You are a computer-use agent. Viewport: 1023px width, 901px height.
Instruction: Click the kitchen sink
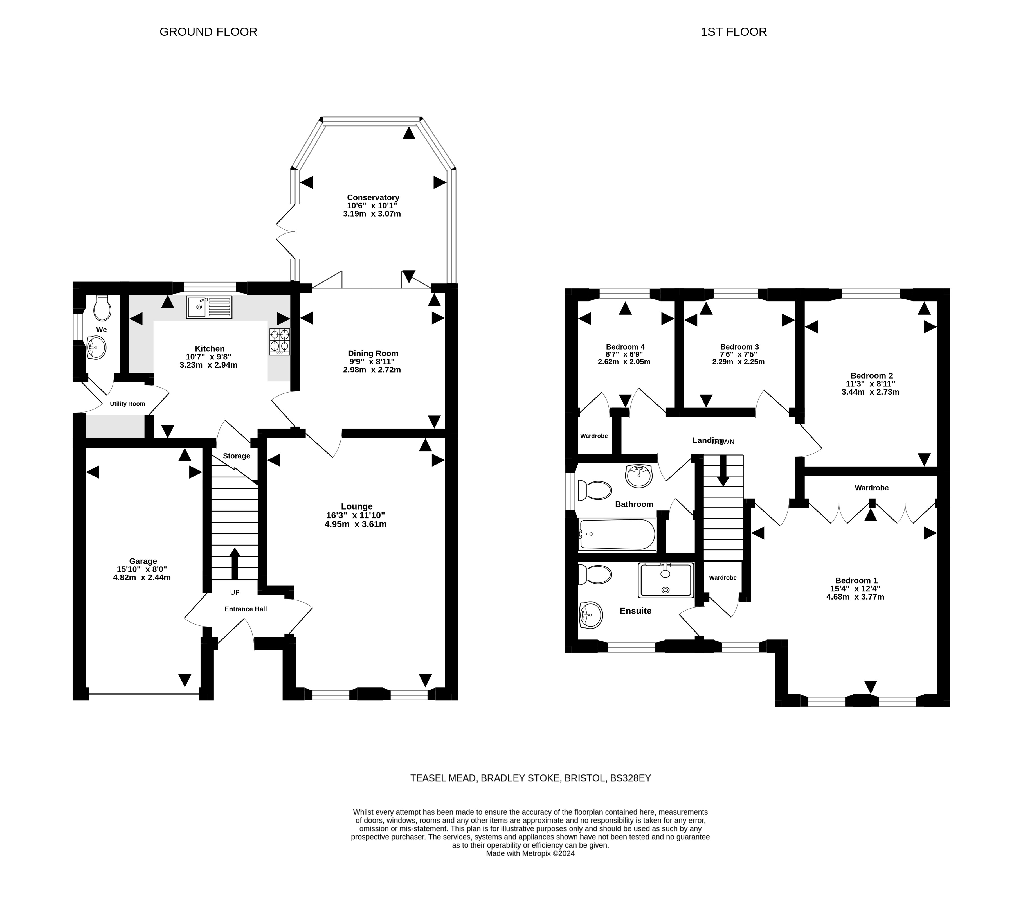(209, 307)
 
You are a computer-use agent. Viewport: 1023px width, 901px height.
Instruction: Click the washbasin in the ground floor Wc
(96, 347)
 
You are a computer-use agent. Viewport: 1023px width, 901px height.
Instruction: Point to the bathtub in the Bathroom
(617, 534)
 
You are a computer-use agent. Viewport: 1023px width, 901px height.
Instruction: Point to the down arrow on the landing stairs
(723, 471)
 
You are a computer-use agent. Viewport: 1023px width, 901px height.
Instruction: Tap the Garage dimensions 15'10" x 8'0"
(142, 569)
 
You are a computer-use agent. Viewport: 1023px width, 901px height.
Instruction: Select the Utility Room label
(128, 404)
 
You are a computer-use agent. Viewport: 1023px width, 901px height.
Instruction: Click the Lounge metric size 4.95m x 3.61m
(355, 524)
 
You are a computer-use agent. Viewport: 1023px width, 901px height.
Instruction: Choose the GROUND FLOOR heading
(208, 32)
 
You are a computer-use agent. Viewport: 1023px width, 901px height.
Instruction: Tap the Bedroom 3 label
(739, 347)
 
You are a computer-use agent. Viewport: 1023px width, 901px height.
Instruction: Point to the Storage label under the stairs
(236, 456)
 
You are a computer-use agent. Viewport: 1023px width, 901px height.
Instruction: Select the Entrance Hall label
(245, 609)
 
